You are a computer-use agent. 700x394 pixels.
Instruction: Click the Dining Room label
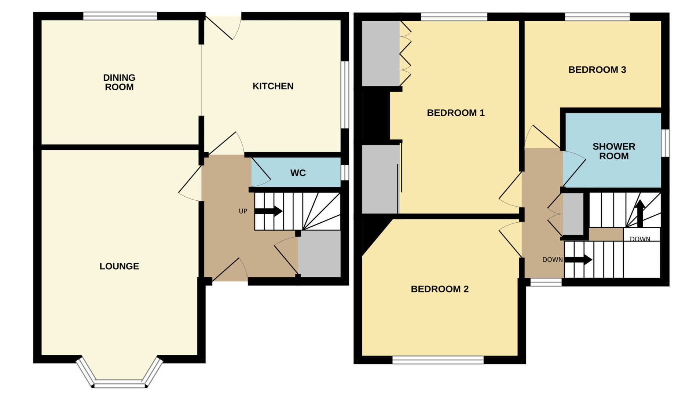(119, 82)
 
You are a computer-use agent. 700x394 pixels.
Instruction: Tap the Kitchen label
(273, 86)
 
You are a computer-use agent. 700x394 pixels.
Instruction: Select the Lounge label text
(119, 266)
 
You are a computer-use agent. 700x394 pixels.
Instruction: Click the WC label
(298, 173)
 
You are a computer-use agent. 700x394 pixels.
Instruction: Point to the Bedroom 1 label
(455, 113)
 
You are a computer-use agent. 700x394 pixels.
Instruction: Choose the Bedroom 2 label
(439, 289)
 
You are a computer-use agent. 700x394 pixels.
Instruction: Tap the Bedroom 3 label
(597, 70)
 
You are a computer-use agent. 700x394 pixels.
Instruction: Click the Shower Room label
(613, 151)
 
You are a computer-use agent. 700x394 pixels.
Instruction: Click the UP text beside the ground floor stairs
(243, 211)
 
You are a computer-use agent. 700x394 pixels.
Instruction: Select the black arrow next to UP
(268, 211)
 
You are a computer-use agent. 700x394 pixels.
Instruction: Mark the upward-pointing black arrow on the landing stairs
(640, 213)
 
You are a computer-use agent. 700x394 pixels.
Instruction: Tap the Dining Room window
(120, 16)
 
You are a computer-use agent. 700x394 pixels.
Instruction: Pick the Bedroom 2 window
(438, 360)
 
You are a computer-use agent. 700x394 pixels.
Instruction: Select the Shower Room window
(665, 143)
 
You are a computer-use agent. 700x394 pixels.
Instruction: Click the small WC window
(344, 173)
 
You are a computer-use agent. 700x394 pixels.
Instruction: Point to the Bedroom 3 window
(597, 17)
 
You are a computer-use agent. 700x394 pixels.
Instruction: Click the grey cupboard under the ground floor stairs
(319, 254)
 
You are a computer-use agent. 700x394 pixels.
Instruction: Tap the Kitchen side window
(345, 95)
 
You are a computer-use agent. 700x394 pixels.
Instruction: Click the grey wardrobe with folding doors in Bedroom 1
(380, 54)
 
